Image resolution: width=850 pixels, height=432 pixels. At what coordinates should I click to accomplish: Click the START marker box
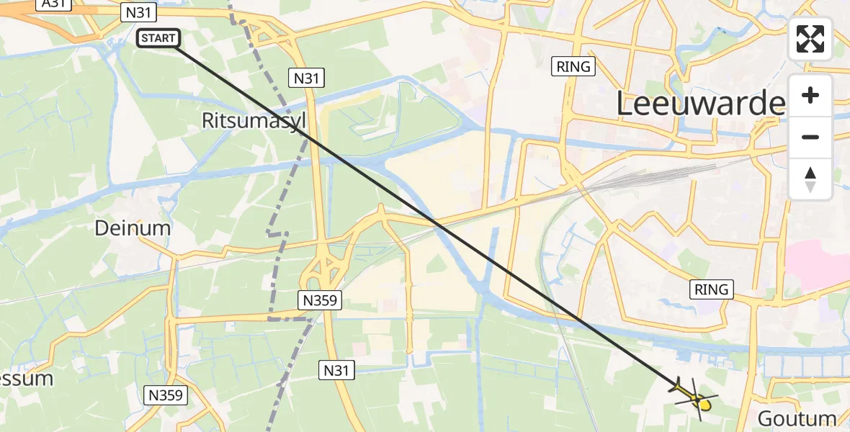(x=158, y=38)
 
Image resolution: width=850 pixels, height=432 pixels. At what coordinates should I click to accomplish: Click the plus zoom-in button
(x=810, y=95)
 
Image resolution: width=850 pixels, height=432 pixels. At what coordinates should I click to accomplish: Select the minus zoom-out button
(x=810, y=137)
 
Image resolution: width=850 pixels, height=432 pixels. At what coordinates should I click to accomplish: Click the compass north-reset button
(x=810, y=179)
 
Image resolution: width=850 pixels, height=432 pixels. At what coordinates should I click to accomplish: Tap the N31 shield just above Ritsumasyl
(x=306, y=77)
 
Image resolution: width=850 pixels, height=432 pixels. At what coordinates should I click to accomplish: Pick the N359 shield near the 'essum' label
(x=166, y=395)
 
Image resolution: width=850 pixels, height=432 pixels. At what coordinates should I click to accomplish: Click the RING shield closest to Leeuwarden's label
(x=573, y=67)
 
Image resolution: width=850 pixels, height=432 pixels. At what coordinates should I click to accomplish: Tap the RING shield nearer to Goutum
(x=712, y=289)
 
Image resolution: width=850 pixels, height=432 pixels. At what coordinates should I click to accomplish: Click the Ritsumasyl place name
(x=254, y=120)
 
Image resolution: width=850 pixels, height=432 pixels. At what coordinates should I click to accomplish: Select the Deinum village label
(x=133, y=228)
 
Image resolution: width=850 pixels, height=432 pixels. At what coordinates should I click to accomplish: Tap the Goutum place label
(x=797, y=418)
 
